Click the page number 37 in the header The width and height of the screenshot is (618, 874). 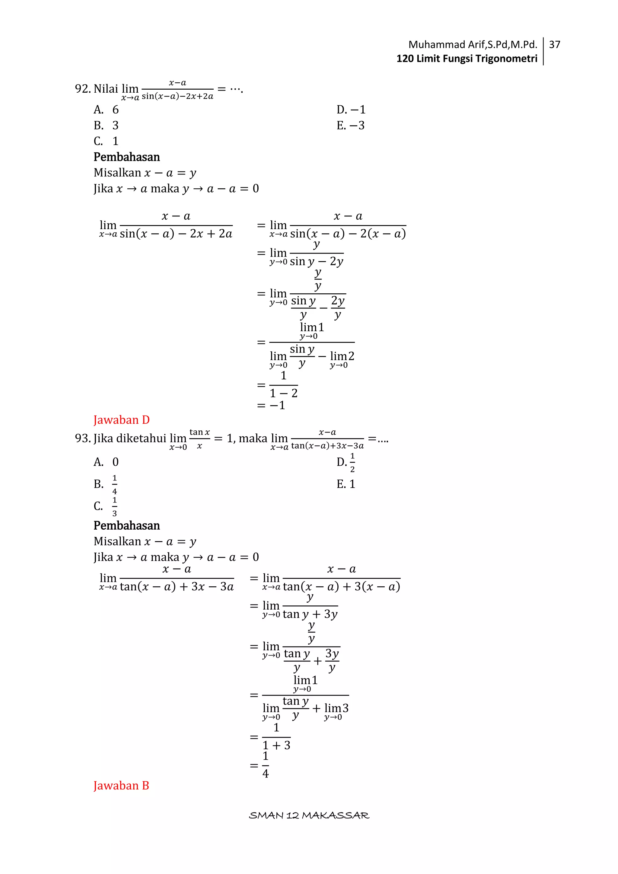pyautogui.click(x=554, y=45)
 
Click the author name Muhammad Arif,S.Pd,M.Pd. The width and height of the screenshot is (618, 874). pyautogui.click(x=472, y=45)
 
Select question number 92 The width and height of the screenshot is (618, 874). pyautogui.click(x=83, y=89)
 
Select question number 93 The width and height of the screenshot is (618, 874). pyautogui.click(x=83, y=439)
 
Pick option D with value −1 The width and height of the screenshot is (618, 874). pyautogui.click(x=351, y=110)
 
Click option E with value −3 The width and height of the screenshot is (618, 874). pyautogui.click(x=350, y=126)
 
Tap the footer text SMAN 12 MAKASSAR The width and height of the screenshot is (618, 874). pyautogui.click(x=309, y=815)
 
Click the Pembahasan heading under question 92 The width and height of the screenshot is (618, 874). pyautogui.click(x=126, y=157)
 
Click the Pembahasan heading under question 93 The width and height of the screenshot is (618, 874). pyautogui.click(x=126, y=526)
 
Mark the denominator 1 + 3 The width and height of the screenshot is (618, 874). pyautogui.click(x=277, y=745)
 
